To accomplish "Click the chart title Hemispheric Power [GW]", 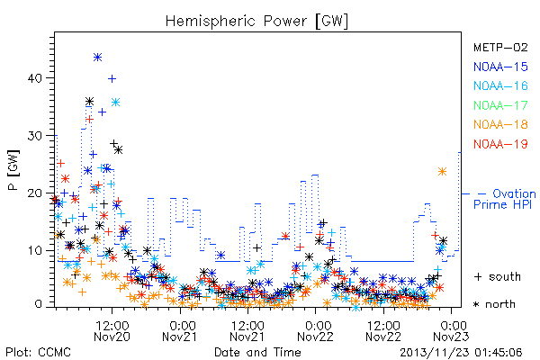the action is click(256, 22).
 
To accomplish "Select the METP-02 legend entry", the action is click(500, 47).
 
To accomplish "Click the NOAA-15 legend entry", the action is click(500, 67).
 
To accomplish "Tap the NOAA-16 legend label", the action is click(500, 85).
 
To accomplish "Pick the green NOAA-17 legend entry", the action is click(500, 105).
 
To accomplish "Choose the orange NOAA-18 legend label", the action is click(500, 124).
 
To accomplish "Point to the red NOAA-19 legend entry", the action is click(500, 144).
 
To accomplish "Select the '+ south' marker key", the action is click(498, 276).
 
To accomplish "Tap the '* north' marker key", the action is click(494, 304).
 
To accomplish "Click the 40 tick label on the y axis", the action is click(35, 78).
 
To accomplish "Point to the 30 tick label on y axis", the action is click(35, 136).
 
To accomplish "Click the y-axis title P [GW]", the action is click(13, 170).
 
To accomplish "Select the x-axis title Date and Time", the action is click(257, 352).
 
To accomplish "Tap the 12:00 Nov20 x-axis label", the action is click(112, 331).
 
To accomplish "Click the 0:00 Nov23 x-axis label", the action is click(451, 331).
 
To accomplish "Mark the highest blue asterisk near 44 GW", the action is click(98, 58).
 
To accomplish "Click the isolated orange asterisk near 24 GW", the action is click(442, 172).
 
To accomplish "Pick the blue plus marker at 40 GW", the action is click(112, 79).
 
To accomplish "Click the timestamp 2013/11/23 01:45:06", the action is click(461, 353).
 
